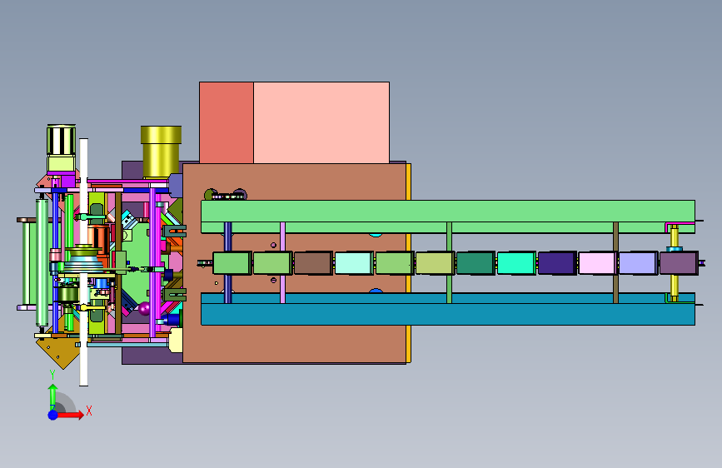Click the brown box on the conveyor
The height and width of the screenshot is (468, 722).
(313, 263)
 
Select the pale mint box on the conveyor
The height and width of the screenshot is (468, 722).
(354, 263)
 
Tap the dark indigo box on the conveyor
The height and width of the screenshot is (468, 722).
(557, 263)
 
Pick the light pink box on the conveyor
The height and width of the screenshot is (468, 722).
(597, 263)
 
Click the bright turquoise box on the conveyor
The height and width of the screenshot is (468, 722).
(516, 263)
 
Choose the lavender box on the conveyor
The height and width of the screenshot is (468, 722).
(638, 263)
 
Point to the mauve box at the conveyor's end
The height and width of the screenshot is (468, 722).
(679, 263)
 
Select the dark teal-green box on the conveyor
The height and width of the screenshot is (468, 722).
(476, 263)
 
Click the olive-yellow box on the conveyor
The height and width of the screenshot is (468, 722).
(435, 263)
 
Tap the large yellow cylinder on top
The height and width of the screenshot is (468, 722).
(161, 152)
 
